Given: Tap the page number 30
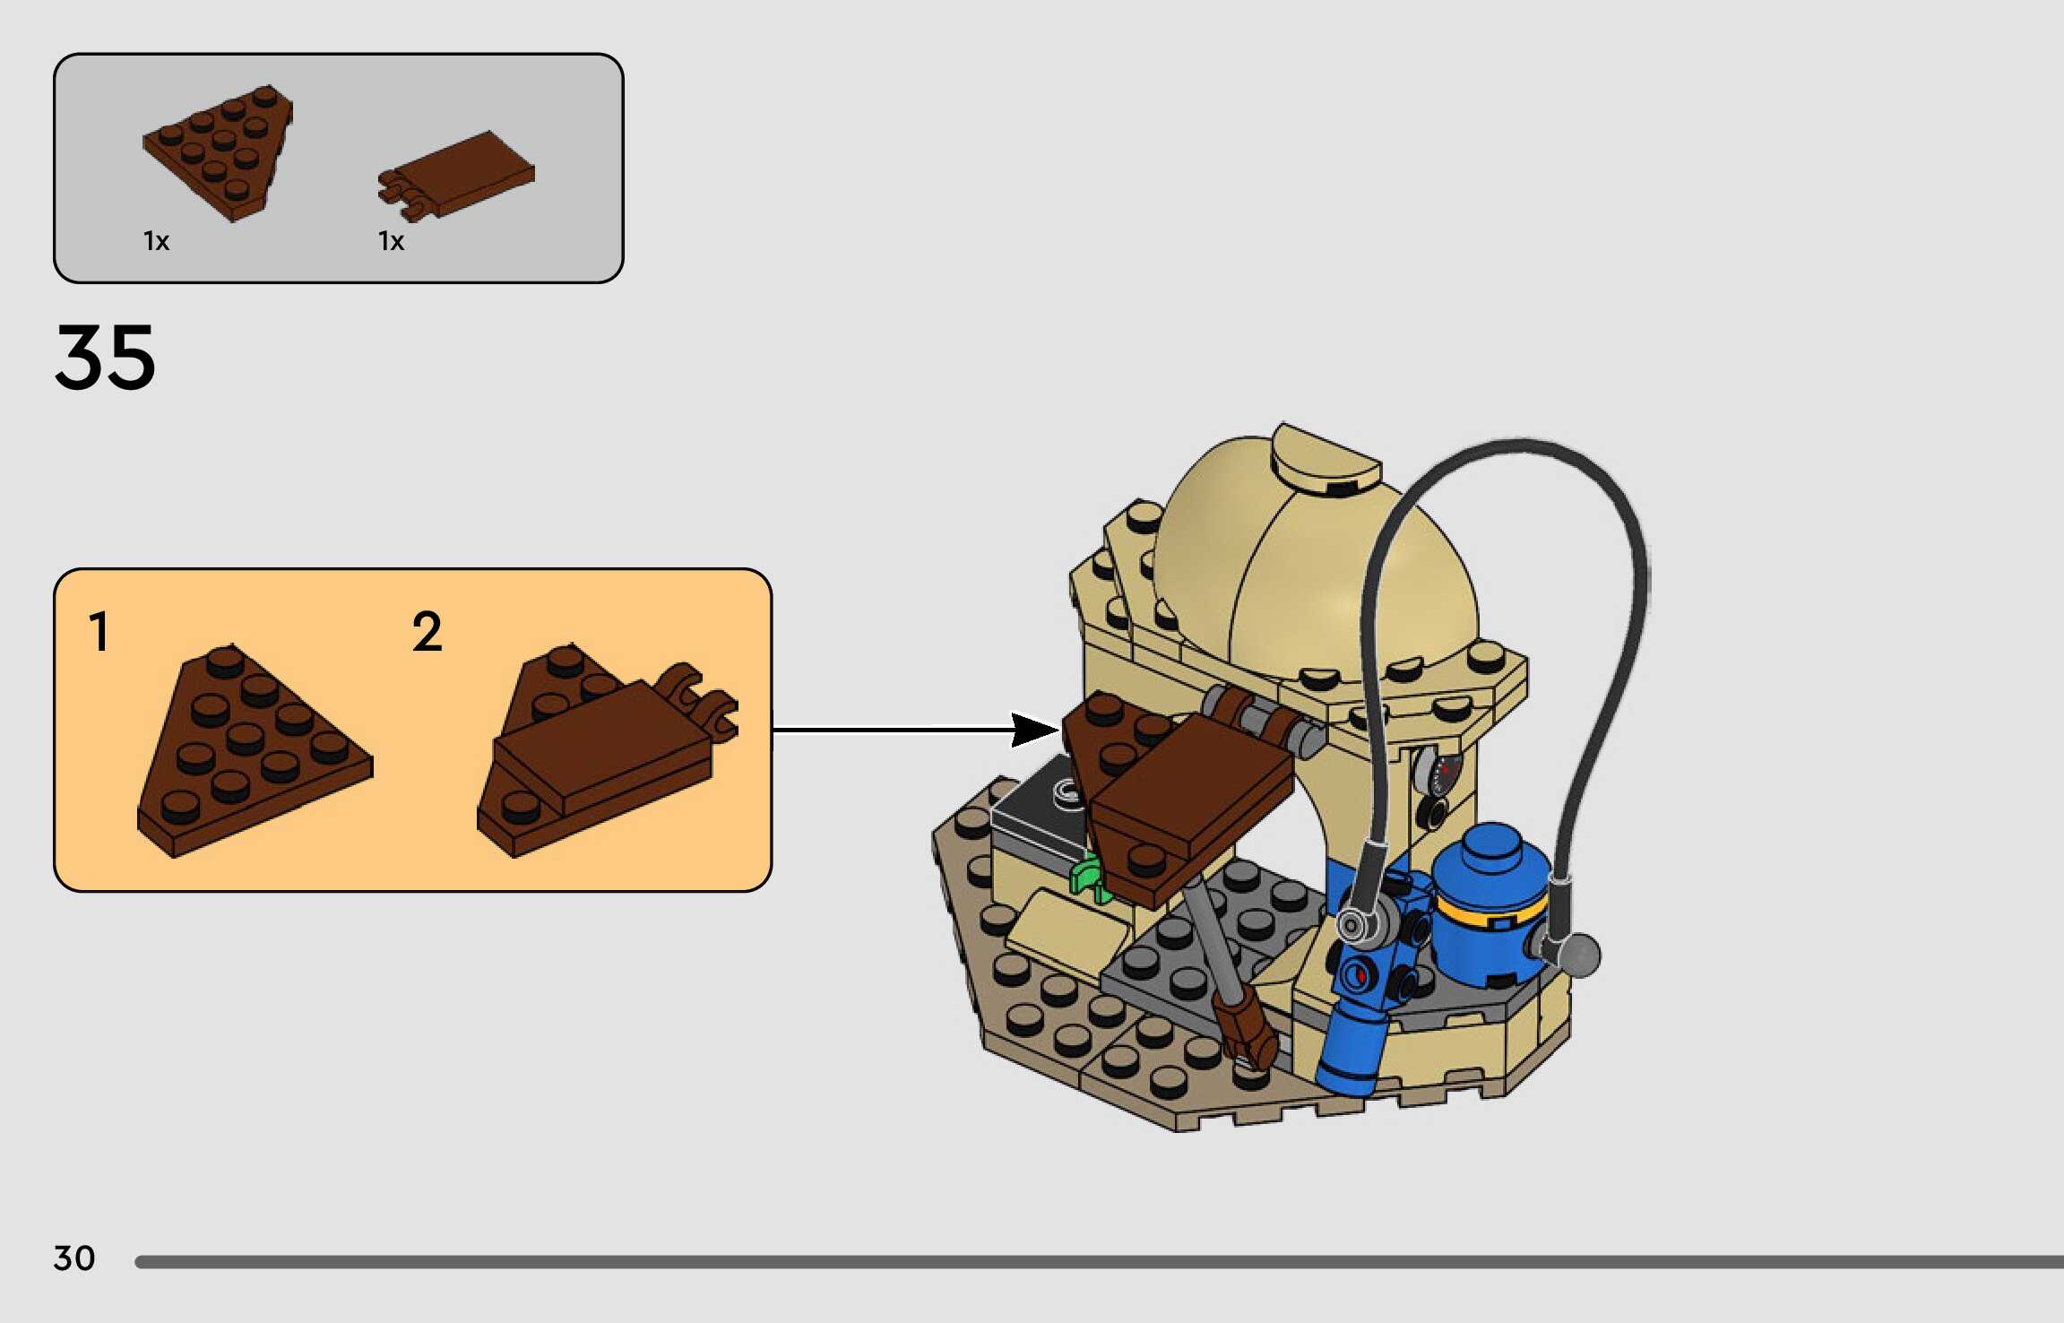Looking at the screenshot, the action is click(x=74, y=1258).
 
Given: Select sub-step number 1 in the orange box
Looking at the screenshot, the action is click(x=99, y=631).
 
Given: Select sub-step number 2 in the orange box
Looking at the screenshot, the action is click(x=427, y=631).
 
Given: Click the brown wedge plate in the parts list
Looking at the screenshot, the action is click(x=218, y=152).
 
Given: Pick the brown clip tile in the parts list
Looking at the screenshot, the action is click(x=456, y=176).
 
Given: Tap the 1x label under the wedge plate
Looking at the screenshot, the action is click(x=156, y=241).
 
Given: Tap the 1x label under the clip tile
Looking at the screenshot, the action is click(x=391, y=241).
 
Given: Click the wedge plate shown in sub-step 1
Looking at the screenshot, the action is click(x=255, y=751).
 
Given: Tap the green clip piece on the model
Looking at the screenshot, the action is click(x=1089, y=876).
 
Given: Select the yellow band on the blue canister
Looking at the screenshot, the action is click(x=1490, y=912).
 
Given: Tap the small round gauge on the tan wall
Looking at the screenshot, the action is click(x=1440, y=772).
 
